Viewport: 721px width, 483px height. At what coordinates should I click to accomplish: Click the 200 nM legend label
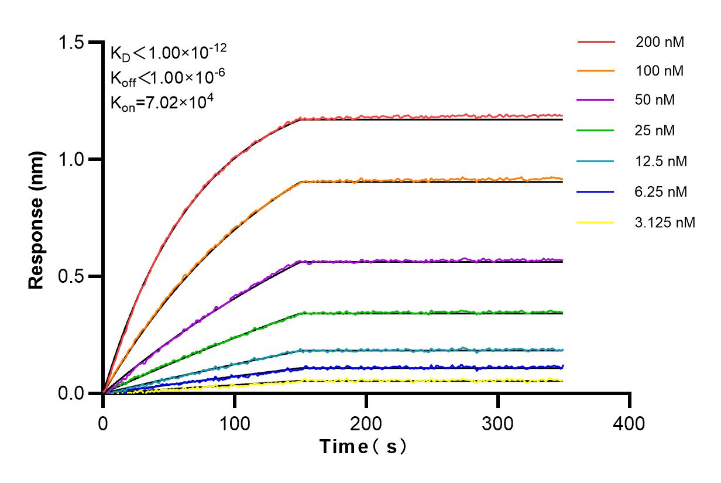point(660,42)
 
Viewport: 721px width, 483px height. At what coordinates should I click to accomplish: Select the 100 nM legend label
point(660,71)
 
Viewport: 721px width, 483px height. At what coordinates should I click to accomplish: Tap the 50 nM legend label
point(655,100)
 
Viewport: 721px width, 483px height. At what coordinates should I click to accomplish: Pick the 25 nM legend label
point(655,131)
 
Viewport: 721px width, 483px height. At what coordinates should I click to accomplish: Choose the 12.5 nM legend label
point(661,161)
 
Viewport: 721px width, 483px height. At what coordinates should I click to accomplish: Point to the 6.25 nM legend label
point(661,191)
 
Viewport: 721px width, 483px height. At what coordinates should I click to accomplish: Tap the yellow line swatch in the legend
point(596,222)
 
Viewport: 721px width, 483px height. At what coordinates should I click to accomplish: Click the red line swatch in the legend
point(596,42)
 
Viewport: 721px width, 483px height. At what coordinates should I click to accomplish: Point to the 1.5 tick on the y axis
point(73,43)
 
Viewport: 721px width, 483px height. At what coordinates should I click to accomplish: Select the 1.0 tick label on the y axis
point(73,159)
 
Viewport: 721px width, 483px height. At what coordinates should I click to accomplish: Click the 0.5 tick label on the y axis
point(73,276)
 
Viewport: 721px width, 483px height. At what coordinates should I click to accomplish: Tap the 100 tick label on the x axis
point(235,422)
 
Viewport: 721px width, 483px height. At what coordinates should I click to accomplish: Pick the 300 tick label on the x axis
point(498,422)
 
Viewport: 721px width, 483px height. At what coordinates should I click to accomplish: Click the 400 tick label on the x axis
point(630,422)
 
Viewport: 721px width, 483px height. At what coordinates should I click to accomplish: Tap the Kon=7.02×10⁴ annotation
point(162,102)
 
